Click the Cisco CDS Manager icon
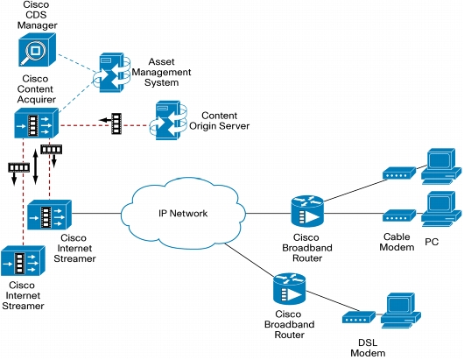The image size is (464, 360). point(37,49)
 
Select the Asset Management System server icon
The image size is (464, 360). point(111,73)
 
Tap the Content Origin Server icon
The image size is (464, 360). point(168,120)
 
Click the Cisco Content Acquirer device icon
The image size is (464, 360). point(37,123)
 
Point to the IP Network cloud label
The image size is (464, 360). point(183,213)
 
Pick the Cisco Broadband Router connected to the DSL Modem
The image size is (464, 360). point(290,289)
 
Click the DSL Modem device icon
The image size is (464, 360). point(359,317)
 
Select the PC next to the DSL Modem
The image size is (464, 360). point(401,310)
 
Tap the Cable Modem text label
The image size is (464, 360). point(397,242)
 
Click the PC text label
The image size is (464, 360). point(432,242)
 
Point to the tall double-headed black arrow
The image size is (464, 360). point(35,167)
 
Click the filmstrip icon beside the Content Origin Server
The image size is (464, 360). point(116,124)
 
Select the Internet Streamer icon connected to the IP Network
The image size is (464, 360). point(49,215)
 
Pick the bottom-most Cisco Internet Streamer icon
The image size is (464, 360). point(23,261)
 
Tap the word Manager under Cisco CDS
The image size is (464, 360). point(37,25)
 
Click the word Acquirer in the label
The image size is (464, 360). point(37,100)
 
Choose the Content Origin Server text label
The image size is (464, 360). point(219,121)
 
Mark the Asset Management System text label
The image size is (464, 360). point(161,72)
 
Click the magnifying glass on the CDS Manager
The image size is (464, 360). point(32,53)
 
